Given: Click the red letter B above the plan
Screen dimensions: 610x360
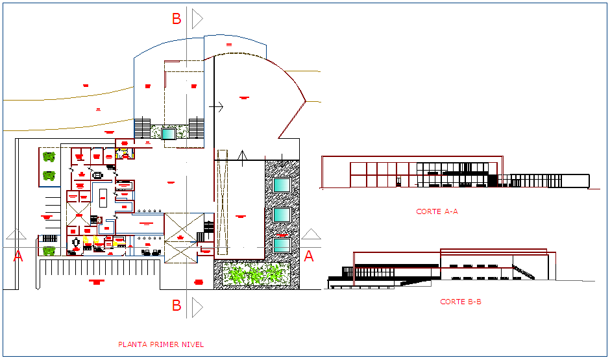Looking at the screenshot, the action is pos(177,19).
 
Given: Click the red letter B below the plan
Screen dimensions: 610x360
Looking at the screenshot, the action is pos(177,305).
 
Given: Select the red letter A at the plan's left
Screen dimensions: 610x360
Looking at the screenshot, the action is pos(18,256).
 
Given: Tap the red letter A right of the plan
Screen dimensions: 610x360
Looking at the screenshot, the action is pos(309,256).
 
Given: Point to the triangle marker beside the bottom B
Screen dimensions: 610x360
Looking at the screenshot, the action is pos(197,306).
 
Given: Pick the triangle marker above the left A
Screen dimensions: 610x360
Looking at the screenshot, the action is pos(16,235).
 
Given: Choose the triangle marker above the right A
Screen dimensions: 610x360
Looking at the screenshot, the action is pos(311,235).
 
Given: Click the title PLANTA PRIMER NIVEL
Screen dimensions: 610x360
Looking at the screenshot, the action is pos(160,344).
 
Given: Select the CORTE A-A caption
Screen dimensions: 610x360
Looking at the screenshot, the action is pos(437,211).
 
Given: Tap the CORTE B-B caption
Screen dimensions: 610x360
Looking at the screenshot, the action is pos(460,302).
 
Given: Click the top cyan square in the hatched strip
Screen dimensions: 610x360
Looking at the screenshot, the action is pos(282,185).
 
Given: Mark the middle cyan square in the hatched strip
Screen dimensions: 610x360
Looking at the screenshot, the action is pos(282,215).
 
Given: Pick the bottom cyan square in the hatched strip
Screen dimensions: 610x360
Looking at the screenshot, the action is pos(282,245).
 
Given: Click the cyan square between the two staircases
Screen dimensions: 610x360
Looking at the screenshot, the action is pos(169,134).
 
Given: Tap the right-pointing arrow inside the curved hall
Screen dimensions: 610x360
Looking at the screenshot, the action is pos(217,106).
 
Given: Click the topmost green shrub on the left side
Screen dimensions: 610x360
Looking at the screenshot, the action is pos(49,156).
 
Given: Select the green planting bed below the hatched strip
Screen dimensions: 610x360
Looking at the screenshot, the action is pos(256,274).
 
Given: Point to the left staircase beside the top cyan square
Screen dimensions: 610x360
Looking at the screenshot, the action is pos(142,128).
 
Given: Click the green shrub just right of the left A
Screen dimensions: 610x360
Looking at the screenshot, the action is pos(49,250).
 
